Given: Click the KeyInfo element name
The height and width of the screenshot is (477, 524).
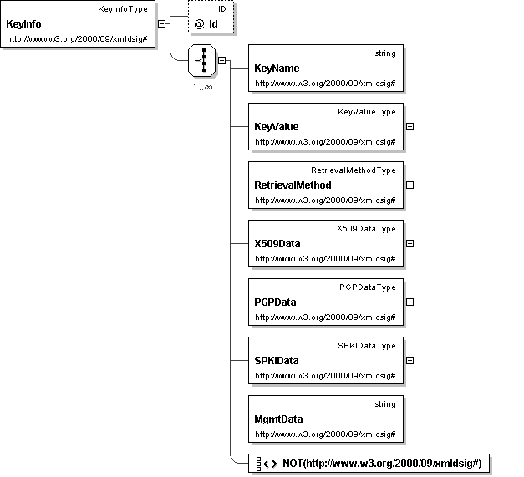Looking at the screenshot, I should pos(23,24).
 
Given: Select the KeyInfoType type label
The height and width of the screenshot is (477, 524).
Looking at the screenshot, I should pos(123,9).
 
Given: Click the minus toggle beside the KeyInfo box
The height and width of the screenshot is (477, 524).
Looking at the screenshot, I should pos(161,23).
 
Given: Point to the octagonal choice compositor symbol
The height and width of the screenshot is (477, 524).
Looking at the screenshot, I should pos(201,61).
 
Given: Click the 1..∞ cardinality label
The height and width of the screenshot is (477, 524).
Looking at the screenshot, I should pos(201,86).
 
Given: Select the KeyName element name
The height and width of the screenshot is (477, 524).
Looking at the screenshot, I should pos(276,69).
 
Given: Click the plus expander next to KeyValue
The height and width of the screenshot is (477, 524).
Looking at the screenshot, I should pos(410,126).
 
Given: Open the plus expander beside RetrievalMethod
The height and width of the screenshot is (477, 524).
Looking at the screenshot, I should pos(410,185).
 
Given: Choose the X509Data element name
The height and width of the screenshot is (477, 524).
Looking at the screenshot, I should pos(277,244).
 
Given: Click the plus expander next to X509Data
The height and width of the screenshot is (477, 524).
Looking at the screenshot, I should pos(410,243).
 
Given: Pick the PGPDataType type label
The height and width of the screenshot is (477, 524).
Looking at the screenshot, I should pos(368,287).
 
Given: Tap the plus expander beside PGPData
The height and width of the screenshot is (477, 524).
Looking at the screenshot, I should pos(410,302).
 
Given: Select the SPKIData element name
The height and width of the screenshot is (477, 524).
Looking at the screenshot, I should pos(277,361).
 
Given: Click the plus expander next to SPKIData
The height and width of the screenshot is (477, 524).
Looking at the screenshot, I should pos(410,360).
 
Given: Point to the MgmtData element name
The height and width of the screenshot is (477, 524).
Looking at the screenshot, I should pos(278,419).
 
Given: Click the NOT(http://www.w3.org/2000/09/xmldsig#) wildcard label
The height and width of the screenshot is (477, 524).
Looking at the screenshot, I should pos(382,464).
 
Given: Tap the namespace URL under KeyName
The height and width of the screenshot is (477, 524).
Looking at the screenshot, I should pos(324,84).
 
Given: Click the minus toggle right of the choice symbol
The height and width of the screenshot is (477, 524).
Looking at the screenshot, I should pos(221,60).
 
